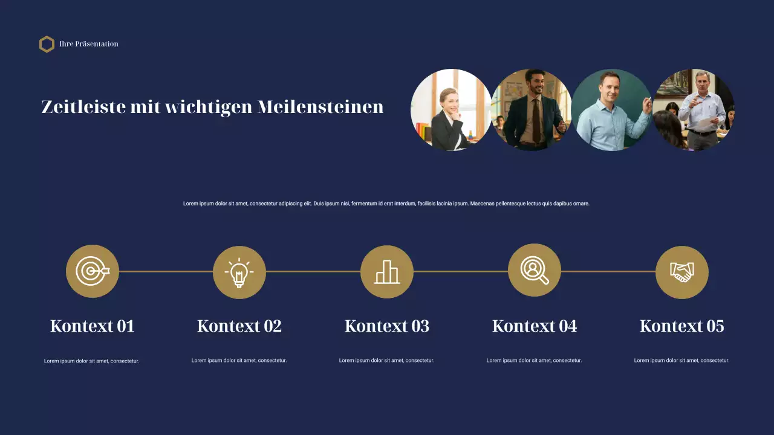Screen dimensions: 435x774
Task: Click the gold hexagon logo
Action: pyautogui.click(x=47, y=44)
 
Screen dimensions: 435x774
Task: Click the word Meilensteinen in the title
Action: pyautogui.click(x=320, y=107)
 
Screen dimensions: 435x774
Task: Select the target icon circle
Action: pyautogui.click(x=93, y=271)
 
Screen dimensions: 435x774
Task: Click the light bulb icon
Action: pyautogui.click(x=239, y=272)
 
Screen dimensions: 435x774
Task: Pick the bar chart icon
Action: pyautogui.click(x=387, y=272)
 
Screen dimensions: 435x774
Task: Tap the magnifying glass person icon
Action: pyautogui.click(x=535, y=270)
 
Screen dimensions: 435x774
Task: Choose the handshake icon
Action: pyautogui.click(x=682, y=272)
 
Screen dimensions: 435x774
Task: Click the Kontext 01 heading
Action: pyautogui.click(x=92, y=326)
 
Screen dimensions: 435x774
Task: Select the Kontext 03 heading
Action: pyautogui.click(x=387, y=326)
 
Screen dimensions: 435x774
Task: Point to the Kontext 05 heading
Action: pyautogui.click(x=682, y=326)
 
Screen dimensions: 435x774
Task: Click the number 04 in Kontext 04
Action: pyautogui.click(x=567, y=326)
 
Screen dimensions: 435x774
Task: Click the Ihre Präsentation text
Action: pyautogui.click(x=89, y=44)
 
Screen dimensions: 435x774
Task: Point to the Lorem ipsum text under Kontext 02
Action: pyautogui.click(x=239, y=361)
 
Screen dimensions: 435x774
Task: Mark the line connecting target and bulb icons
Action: pyautogui.click(x=166, y=272)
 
